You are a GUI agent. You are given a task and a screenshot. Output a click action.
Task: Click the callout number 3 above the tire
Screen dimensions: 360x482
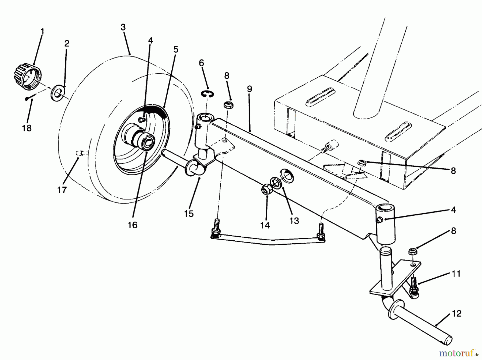123,28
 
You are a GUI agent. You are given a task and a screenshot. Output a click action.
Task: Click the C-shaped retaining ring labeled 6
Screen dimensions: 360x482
207,94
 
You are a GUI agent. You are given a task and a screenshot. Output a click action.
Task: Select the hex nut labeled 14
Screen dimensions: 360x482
266,190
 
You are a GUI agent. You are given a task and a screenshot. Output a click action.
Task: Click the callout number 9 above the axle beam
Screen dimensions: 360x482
250,89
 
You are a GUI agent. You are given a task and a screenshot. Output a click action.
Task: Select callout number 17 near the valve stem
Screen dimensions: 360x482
62,190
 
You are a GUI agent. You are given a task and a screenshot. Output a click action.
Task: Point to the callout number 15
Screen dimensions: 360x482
189,214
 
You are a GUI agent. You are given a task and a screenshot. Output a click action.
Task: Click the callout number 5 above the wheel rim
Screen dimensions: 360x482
176,50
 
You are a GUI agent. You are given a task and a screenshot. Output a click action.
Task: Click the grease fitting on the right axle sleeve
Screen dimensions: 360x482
379,220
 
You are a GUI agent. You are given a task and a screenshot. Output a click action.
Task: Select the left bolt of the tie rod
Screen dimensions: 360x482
216,231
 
